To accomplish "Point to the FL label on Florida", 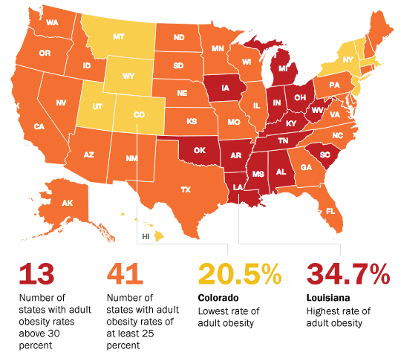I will pos(330,211).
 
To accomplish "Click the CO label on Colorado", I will pos(140,115).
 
